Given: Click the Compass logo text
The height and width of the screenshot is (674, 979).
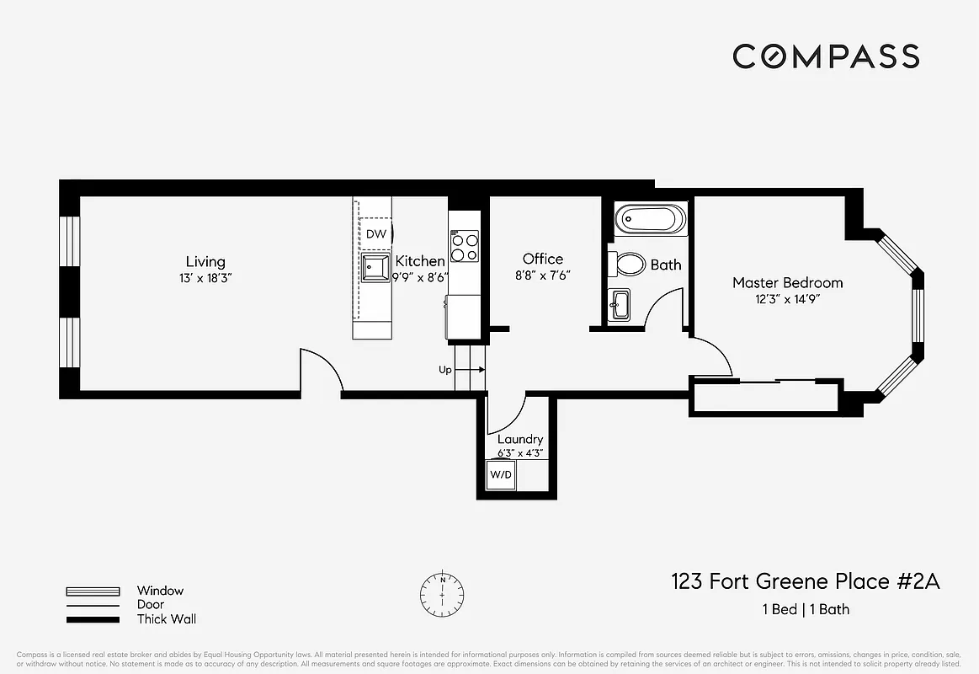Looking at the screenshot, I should [825, 56].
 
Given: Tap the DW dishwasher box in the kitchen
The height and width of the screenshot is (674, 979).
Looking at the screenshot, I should [376, 233].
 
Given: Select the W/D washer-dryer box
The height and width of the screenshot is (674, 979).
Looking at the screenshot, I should [501, 474].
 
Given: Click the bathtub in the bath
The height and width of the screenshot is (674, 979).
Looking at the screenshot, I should [650, 222].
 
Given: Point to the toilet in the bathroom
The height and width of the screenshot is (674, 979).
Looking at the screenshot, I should [627, 265].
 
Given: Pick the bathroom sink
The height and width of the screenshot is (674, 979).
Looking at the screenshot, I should [620, 304].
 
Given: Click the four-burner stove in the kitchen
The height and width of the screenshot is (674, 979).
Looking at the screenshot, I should [464, 246].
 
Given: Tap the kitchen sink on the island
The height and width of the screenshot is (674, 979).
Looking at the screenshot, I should [375, 268].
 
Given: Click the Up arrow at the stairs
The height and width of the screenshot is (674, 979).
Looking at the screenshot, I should [472, 369].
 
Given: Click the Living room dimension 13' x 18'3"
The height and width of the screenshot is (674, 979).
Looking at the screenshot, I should [205, 277].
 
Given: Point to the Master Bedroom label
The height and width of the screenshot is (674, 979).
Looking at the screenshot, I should [787, 283].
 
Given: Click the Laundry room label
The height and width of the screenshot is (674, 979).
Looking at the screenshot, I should [520, 439].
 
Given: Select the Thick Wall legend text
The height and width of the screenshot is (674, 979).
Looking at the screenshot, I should [167, 619].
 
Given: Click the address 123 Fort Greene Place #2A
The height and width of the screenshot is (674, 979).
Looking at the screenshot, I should [805, 581].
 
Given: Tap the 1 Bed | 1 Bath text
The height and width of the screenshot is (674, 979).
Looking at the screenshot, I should [805, 609].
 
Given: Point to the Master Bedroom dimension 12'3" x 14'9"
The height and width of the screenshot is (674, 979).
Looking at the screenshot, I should [787, 299].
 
